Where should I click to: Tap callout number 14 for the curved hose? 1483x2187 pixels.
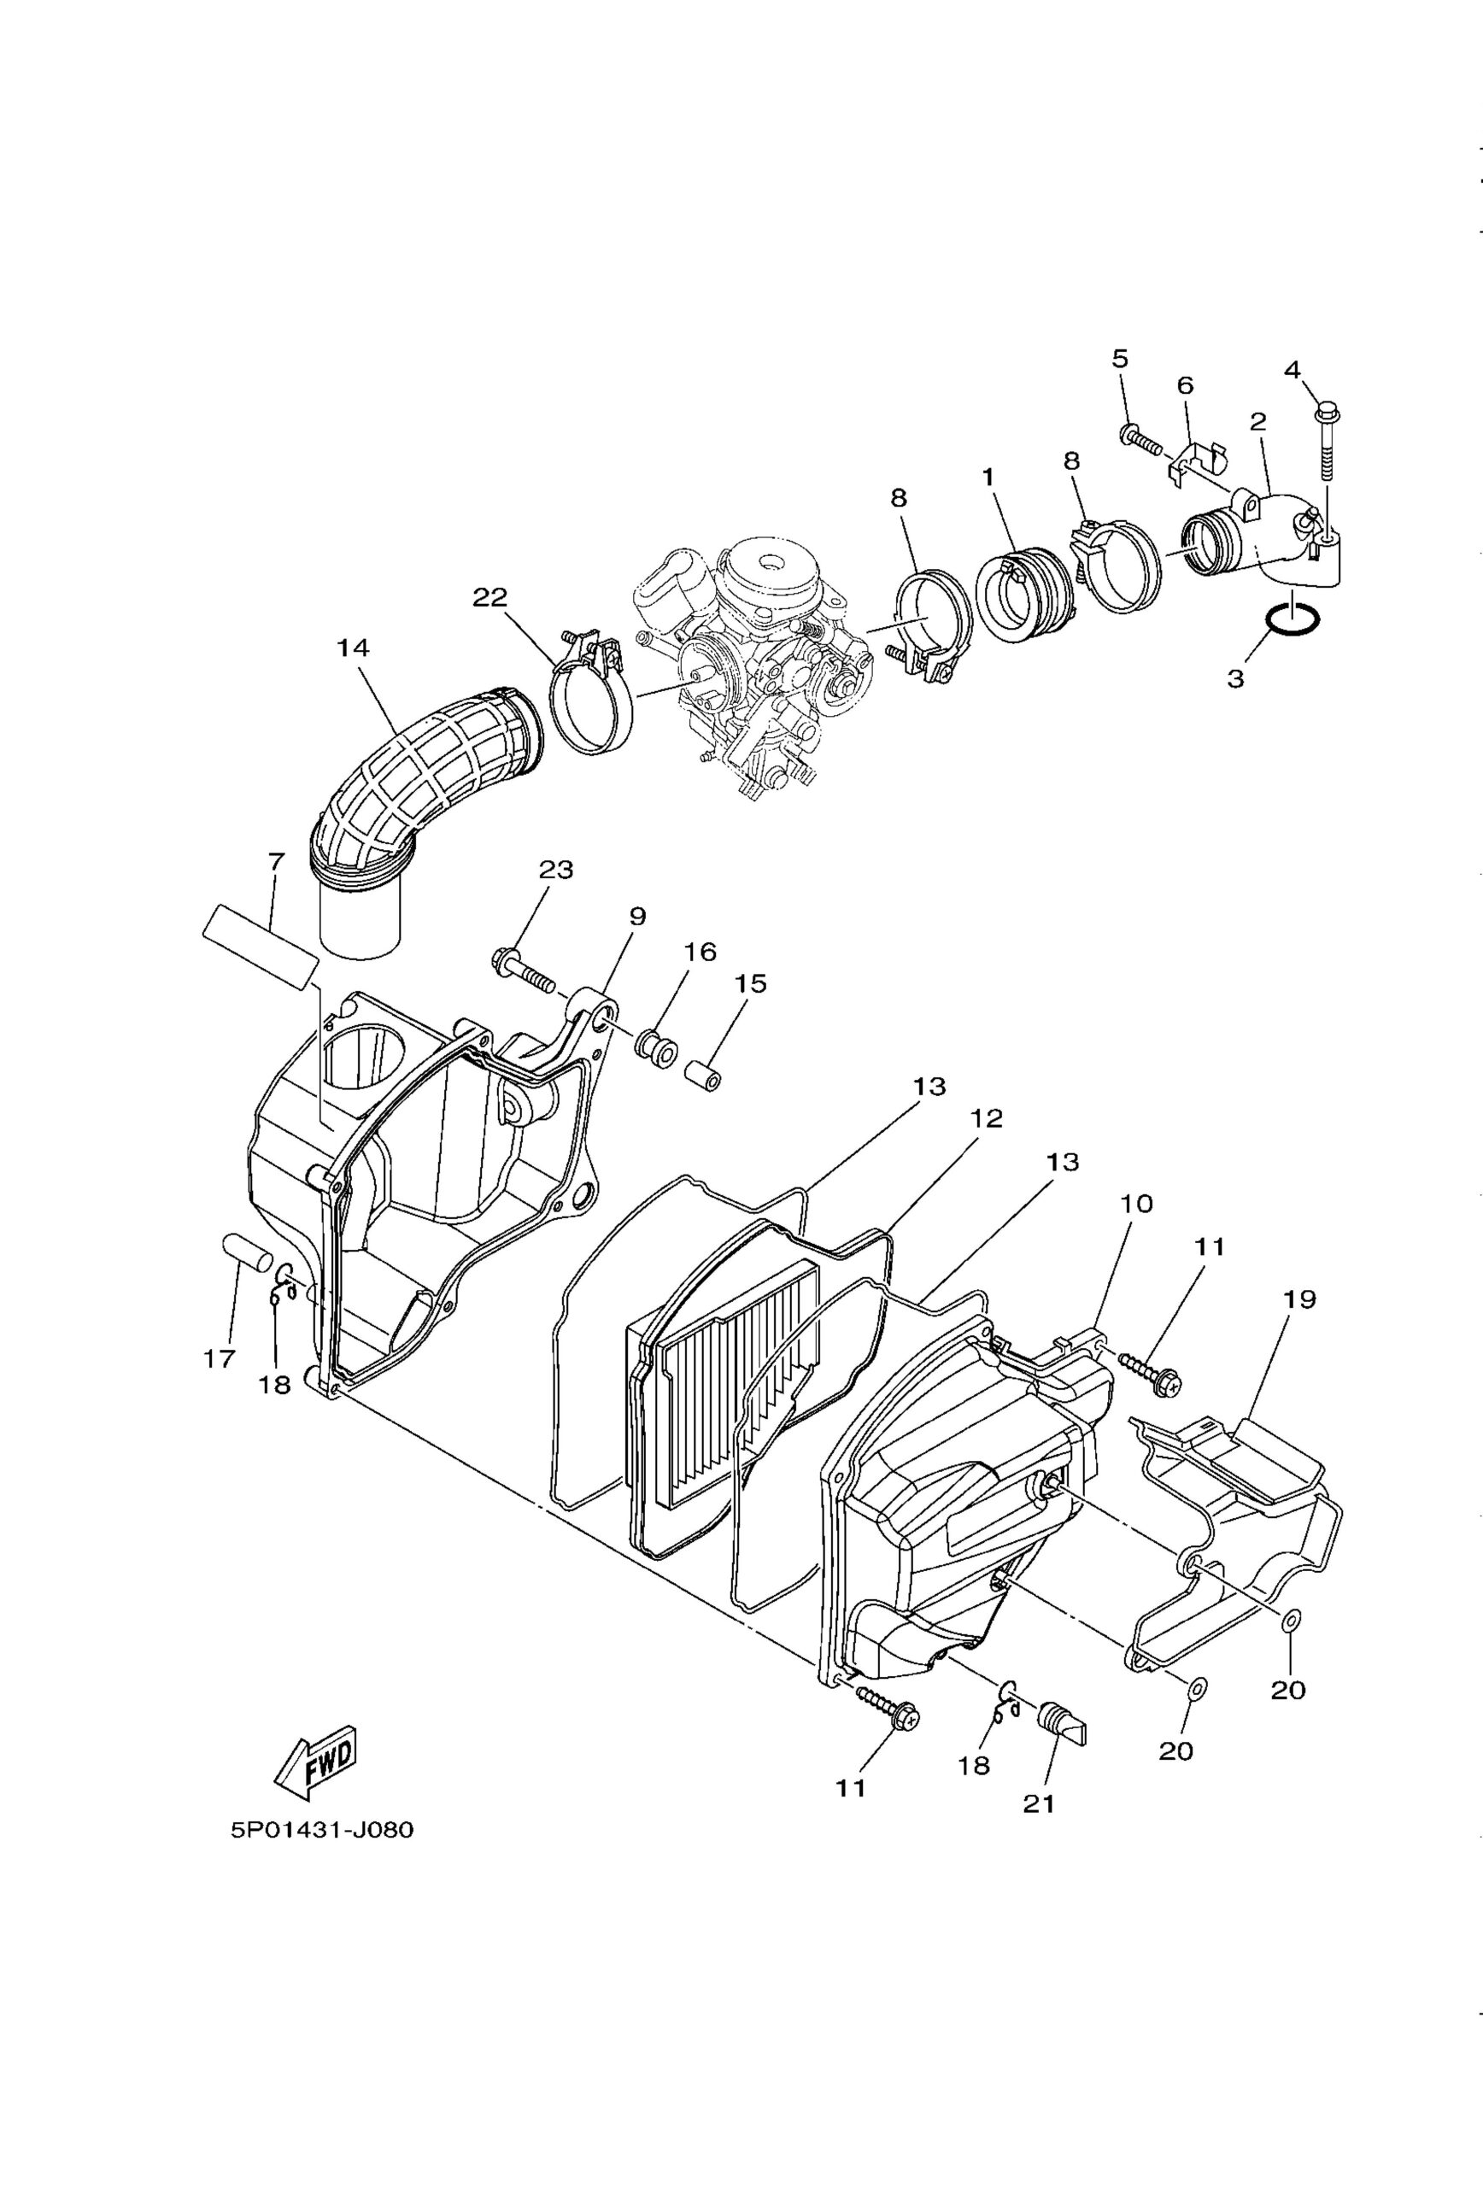(353, 648)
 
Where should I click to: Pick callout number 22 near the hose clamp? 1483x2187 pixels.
(489, 597)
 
